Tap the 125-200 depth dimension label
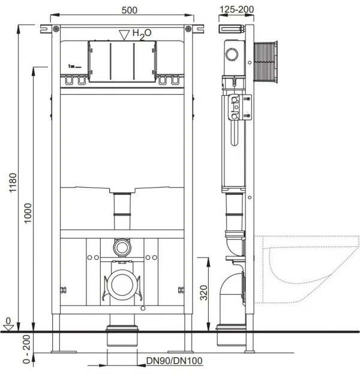pyautogui.click(x=236, y=10)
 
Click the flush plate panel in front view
pyautogui.click(x=122, y=61)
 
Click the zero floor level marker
pyautogui.click(x=8, y=325)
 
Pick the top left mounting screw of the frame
pyautogui.click(x=56, y=29)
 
